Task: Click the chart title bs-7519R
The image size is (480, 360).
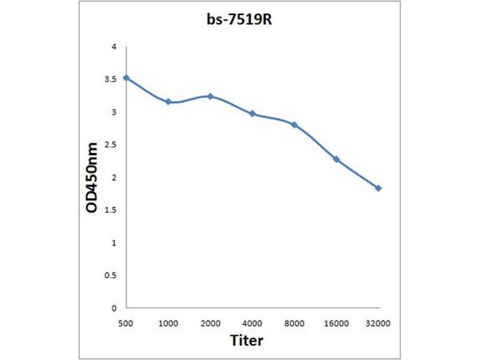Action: coord(240,20)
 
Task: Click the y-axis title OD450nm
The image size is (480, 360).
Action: coord(91,177)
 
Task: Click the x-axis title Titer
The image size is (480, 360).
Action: coord(247,341)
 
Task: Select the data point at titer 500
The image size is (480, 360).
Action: coord(126,78)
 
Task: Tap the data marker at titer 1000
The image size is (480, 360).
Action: coord(169,102)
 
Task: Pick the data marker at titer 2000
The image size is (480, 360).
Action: coord(211,96)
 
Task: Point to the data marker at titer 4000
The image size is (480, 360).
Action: coord(253,113)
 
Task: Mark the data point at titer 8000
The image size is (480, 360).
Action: coord(295,125)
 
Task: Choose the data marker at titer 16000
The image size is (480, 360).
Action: coord(337,159)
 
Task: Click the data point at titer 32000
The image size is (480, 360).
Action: coord(379,188)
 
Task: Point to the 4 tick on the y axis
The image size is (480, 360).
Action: coord(113,47)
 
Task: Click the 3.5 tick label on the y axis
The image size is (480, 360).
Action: coord(110,79)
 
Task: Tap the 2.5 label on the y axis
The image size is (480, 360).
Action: coord(110,145)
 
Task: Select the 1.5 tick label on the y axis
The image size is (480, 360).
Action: coord(110,210)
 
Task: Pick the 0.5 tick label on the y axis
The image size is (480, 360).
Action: coord(110,275)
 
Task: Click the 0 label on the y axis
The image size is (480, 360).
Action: coord(113,308)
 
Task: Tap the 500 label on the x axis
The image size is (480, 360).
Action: coord(126,324)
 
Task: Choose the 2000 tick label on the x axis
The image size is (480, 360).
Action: coord(211,324)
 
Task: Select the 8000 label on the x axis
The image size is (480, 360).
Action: coord(295,324)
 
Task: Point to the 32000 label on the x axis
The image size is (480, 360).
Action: coord(379,324)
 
